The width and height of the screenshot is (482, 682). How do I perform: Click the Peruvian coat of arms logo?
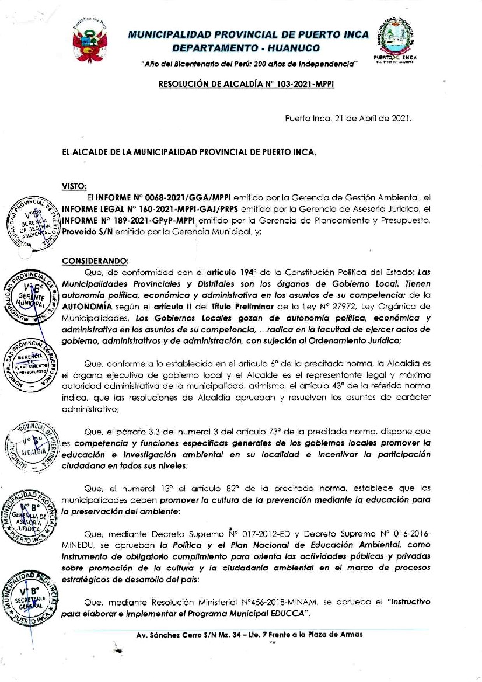[89, 38]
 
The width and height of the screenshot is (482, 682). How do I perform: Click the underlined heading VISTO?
[74, 186]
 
